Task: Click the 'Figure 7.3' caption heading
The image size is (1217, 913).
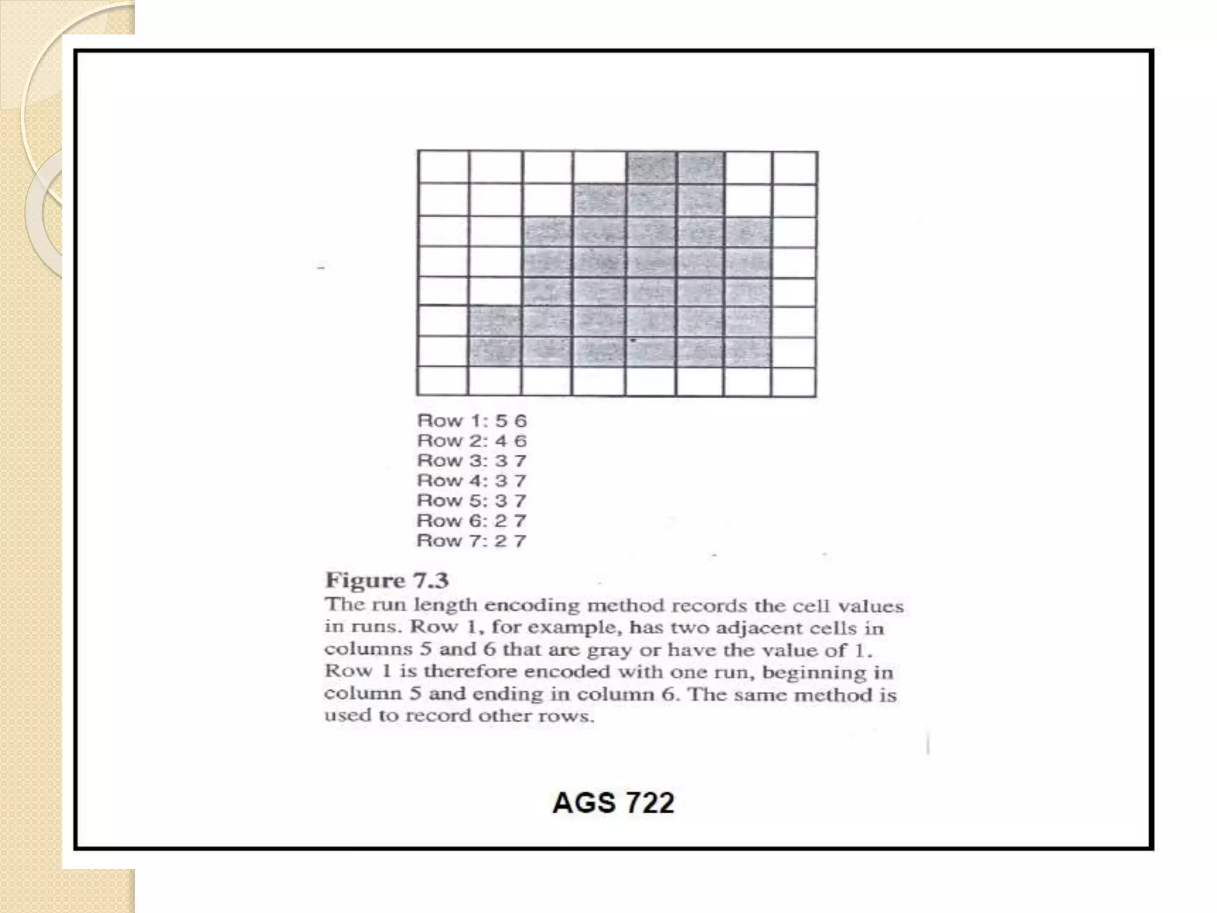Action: pyautogui.click(x=386, y=580)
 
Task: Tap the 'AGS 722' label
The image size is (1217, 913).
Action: pyautogui.click(x=613, y=803)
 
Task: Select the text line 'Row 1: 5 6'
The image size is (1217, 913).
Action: pyautogui.click(x=472, y=421)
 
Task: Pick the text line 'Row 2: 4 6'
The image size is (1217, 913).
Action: pyautogui.click(x=472, y=441)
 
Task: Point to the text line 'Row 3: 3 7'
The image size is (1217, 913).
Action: pyautogui.click(x=472, y=461)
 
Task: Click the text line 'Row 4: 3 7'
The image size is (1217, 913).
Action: pyautogui.click(x=472, y=480)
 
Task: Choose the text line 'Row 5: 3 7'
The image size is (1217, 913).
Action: pyautogui.click(x=472, y=500)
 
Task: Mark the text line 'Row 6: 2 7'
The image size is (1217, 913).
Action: pyautogui.click(x=472, y=521)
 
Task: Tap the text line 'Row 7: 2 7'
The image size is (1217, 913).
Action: pyautogui.click(x=472, y=541)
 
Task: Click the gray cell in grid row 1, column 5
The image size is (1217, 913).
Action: pyautogui.click(x=651, y=168)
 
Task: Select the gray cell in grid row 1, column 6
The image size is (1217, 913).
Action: pyautogui.click(x=701, y=168)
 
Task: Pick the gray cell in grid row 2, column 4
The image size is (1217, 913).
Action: pyautogui.click(x=600, y=200)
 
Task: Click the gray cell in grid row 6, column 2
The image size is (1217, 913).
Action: pyautogui.click(x=496, y=322)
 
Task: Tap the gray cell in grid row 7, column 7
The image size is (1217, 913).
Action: pyautogui.click(x=748, y=352)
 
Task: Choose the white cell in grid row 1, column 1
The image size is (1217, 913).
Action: pyautogui.click(x=443, y=168)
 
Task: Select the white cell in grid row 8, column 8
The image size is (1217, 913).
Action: pyautogui.click(x=794, y=381)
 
